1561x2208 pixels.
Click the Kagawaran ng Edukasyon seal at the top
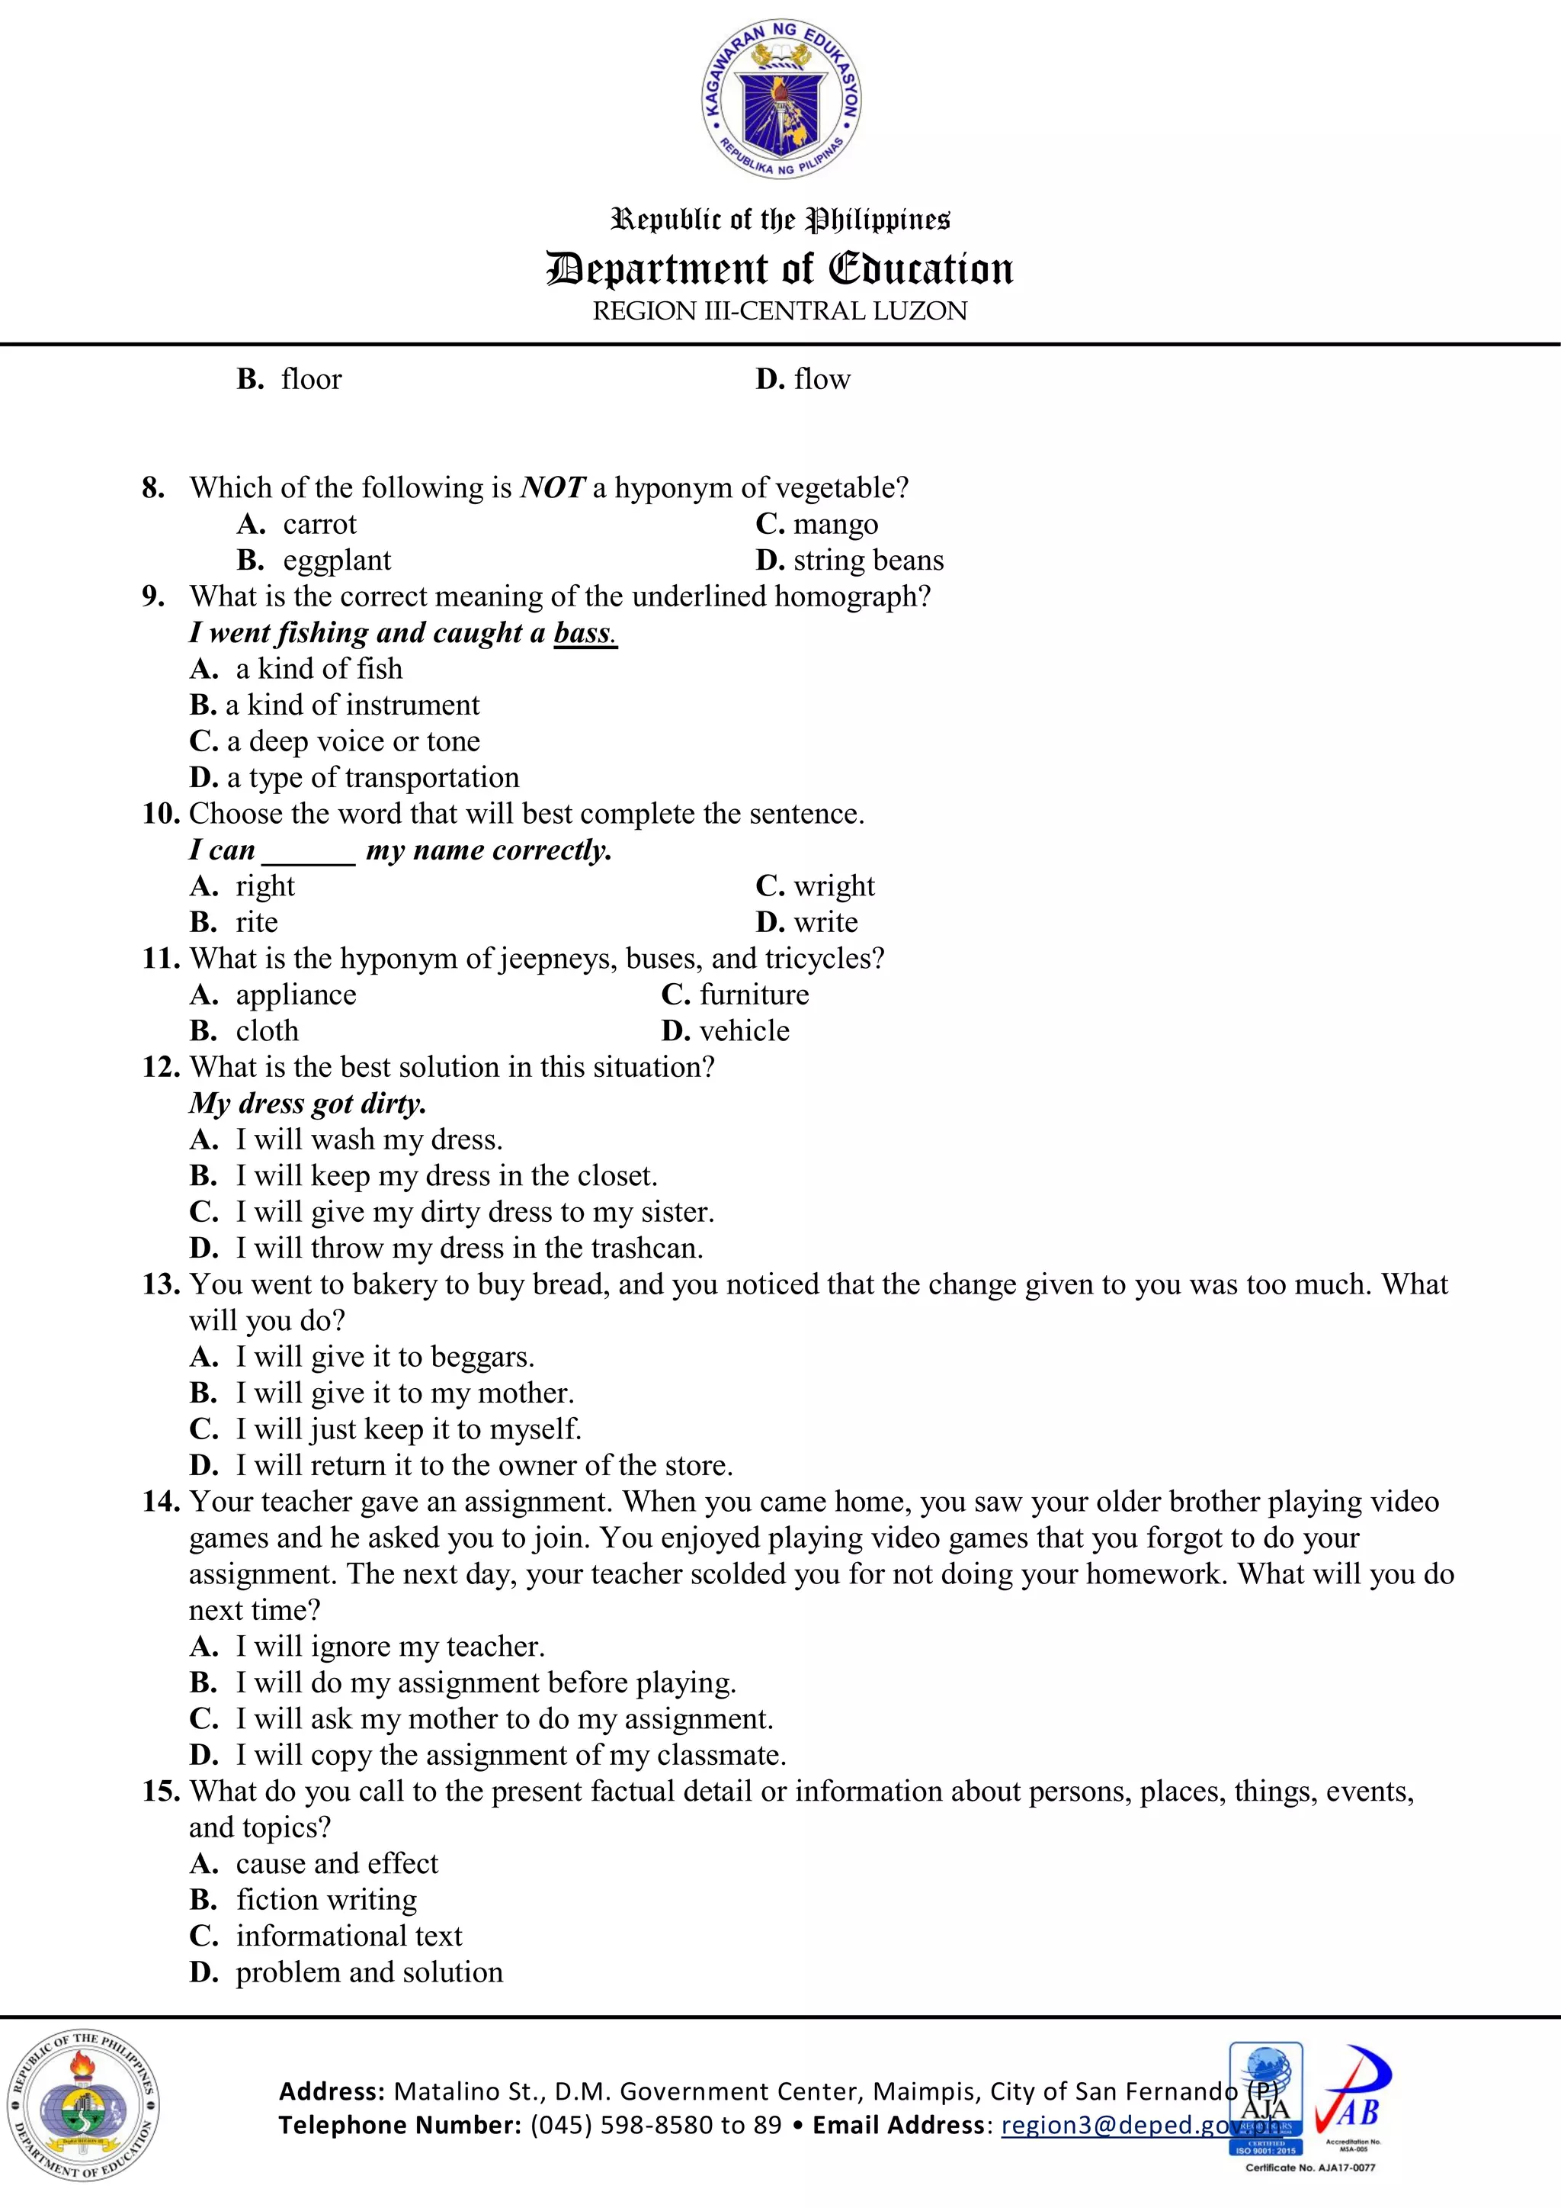[x=780, y=99]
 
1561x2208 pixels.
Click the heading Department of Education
[x=780, y=269]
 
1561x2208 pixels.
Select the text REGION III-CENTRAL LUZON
[x=780, y=312]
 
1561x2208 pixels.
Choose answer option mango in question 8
[x=835, y=524]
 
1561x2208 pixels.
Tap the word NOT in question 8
[x=552, y=487]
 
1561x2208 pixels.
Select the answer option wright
[x=833, y=885]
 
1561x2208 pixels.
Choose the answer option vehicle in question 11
[x=744, y=1031]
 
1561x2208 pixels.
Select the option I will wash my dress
[x=369, y=1139]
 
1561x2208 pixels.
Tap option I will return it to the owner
[x=483, y=1466]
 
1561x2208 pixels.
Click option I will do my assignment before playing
[x=486, y=1683]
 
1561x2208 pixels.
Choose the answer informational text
[x=349, y=1936]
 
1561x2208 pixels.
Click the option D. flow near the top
[x=803, y=379]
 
